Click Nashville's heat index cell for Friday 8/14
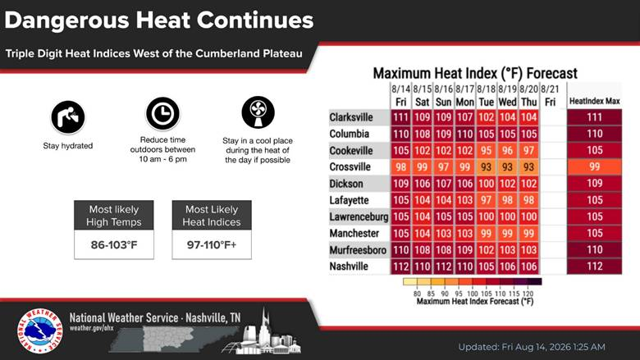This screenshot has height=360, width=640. pos(400,267)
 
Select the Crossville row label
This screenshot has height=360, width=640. pos(350,167)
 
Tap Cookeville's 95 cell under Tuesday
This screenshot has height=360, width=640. pos(486,150)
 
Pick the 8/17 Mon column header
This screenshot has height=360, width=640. pos(464,95)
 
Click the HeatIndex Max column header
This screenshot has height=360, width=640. pos(594,101)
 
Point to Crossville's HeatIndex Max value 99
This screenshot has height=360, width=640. pos(594,166)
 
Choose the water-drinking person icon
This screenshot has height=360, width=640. pos(68,117)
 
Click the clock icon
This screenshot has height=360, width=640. pos(162,114)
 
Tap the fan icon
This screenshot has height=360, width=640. pos(258,112)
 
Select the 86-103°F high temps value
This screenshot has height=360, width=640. pos(114,245)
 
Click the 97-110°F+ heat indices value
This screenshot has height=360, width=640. pos(212,245)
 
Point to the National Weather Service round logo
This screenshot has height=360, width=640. pos(39,330)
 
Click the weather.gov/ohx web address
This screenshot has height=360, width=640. pos(91,328)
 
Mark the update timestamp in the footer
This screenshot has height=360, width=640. pos(532,347)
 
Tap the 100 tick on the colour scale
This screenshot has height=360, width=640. pos(473,294)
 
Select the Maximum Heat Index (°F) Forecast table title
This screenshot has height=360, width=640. pos(475,73)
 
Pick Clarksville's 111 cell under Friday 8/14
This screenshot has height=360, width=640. pos(400,117)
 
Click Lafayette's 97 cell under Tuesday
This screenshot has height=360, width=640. pos(486,200)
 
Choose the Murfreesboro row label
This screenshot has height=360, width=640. pos(358,250)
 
